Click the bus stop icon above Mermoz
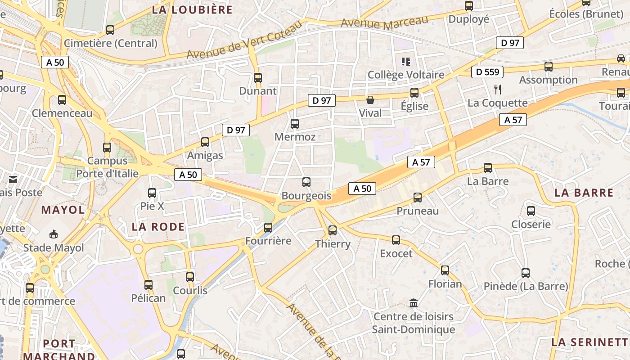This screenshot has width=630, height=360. tap(295, 123)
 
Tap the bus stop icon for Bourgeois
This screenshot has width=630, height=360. tap(306, 182)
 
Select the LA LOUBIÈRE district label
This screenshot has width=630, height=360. tap(192, 9)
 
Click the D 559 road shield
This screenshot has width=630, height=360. tap(487, 72)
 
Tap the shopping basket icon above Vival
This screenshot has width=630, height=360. tap(370, 99)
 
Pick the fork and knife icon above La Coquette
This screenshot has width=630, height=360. tap(497, 89)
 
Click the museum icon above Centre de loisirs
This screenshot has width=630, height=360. tap(414, 303)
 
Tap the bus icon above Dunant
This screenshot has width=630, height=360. tap(258, 77)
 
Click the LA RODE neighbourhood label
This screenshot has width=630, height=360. tap(158, 227)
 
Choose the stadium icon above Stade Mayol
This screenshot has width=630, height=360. tap(54, 234)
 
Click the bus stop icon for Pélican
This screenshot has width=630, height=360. tap(148, 284)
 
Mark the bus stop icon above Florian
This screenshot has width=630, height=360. tap(445, 270)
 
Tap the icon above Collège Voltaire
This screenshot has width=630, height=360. tap(406, 61)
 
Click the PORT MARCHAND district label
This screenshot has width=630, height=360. tap(59, 350)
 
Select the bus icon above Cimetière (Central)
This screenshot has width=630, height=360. tap(110, 30)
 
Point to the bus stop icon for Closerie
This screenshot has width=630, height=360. tap(531, 211)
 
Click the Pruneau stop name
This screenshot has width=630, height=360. tap(418, 211)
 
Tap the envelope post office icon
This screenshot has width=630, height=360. tap(13, 179)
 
